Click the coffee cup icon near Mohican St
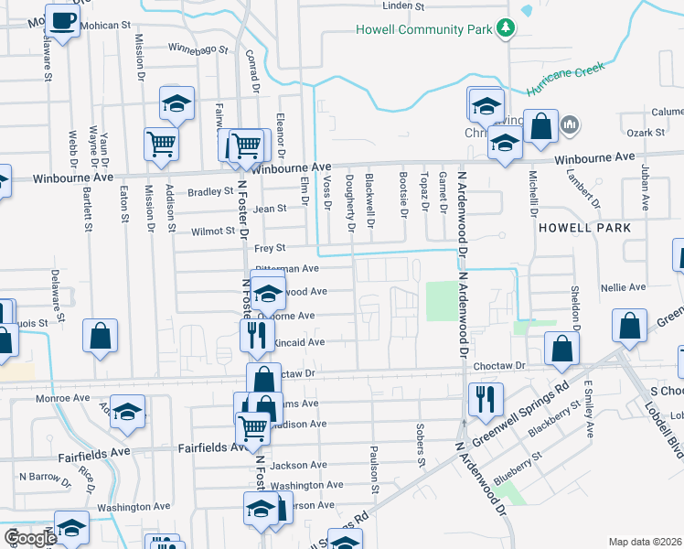[62, 22]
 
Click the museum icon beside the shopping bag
[569, 124]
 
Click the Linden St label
[408, 5]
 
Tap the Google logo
[30, 538]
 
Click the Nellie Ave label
[625, 286]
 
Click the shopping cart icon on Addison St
[161, 144]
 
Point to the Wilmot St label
[213, 231]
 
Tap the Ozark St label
[646, 134]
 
